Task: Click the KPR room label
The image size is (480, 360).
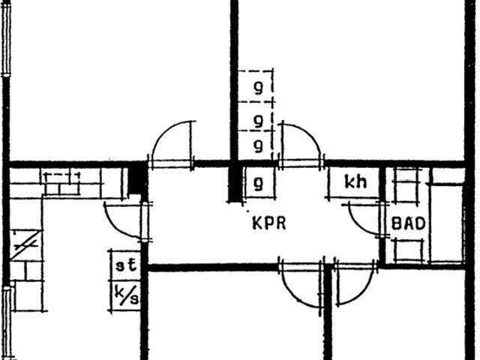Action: (269, 223)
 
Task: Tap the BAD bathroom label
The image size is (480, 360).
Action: (409, 223)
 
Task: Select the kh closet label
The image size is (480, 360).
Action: (355, 181)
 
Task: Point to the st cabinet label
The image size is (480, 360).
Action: (126, 265)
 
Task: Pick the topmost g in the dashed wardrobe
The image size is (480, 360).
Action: (259, 88)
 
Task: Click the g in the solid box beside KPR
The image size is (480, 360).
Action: (259, 184)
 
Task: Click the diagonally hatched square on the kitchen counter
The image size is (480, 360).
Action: (26, 245)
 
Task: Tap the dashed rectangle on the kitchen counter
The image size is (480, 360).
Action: (62, 183)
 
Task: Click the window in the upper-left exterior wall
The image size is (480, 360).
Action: (6, 38)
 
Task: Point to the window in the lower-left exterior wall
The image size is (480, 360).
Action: (7, 323)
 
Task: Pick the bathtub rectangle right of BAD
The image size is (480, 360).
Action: (447, 223)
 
